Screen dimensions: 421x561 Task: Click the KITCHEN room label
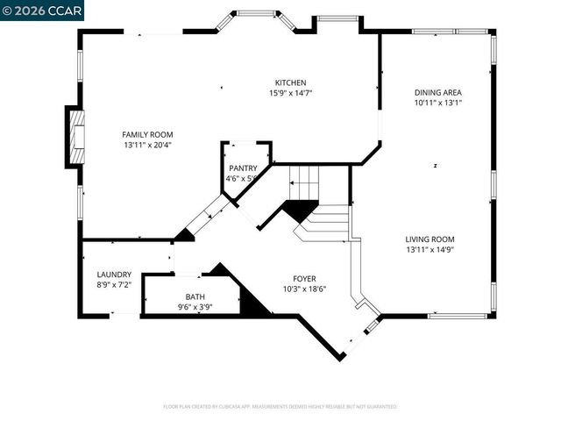coord(290,82)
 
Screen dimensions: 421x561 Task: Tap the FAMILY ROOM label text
coord(146,134)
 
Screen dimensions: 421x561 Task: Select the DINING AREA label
coord(438,92)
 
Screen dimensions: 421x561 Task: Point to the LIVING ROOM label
coord(430,239)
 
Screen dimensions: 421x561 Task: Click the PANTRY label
coord(243,168)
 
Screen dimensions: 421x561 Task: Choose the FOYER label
coord(304,278)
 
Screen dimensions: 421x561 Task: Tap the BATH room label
coord(195,297)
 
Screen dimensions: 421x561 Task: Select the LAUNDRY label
coord(114,274)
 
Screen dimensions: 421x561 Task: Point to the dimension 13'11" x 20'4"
coord(146,145)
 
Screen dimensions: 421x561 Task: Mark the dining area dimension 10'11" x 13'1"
coord(438,103)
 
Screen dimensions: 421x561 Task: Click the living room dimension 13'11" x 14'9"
coord(430,249)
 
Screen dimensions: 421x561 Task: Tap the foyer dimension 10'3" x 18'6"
coord(304,289)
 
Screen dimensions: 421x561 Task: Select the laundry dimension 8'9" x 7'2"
coord(114,284)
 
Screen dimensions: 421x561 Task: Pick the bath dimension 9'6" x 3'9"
coord(195,308)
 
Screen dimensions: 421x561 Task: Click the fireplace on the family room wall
coord(75,138)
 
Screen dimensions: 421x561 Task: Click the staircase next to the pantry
coord(307,184)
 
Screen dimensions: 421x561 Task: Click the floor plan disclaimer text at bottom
coord(280,407)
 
